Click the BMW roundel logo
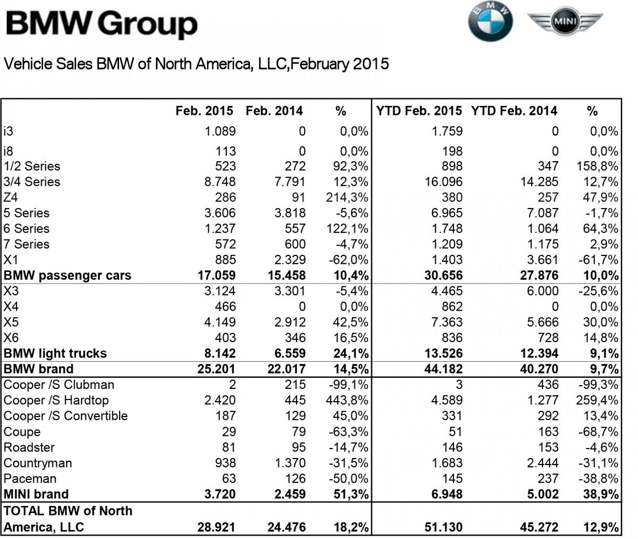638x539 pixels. [x=490, y=22]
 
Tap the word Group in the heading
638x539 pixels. [x=147, y=24]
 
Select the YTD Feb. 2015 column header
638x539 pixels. [x=419, y=111]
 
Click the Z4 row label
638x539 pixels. [x=11, y=197]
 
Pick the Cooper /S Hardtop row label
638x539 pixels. [x=56, y=400]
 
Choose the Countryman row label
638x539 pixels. [x=37, y=463]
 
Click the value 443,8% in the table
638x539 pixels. [x=346, y=400]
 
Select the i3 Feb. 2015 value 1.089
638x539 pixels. [x=220, y=131]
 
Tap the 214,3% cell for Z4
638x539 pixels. [x=347, y=197]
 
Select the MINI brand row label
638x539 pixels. [x=36, y=494]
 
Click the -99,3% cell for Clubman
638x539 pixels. [x=598, y=385]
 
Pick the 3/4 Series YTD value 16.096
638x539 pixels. [x=443, y=182]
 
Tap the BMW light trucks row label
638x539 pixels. [x=55, y=354]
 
